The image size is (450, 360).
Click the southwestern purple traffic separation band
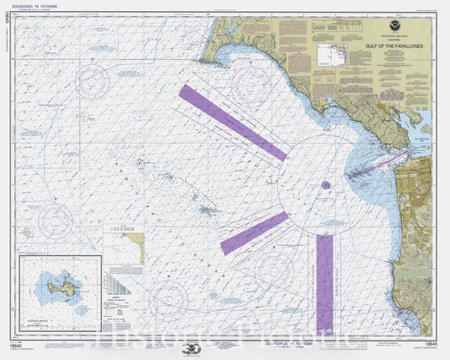[254, 233]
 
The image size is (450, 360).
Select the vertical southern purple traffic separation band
[324, 283]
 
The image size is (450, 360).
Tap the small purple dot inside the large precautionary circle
[325, 184]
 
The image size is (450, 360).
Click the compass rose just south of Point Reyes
[250, 85]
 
